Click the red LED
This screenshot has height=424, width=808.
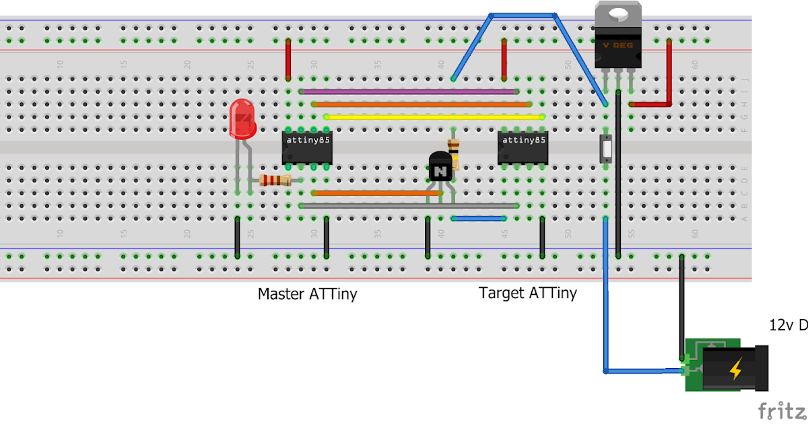pyautogui.click(x=242, y=118)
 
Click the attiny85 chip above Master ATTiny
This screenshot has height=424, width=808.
pyautogui.click(x=308, y=147)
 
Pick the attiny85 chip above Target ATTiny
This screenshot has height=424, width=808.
pyautogui.click(x=523, y=147)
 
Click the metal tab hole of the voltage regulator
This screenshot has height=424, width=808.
pyautogui.click(x=617, y=13)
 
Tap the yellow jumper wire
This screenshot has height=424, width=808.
pyautogui.click(x=434, y=116)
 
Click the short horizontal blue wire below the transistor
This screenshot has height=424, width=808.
pyautogui.click(x=479, y=218)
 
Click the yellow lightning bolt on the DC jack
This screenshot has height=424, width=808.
pyautogui.click(x=736, y=368)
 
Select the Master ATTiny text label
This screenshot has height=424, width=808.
pyautogui.click(x=307, y=294)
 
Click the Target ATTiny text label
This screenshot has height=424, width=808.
pyautogui.click(x=527, y=293)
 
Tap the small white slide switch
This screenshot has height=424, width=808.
pyautogui.click(x=606, y=148)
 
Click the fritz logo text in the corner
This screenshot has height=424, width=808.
pyautogui.click(x=782, y=410)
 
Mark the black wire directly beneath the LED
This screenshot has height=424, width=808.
pyautogui.click(x=238, y=237)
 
